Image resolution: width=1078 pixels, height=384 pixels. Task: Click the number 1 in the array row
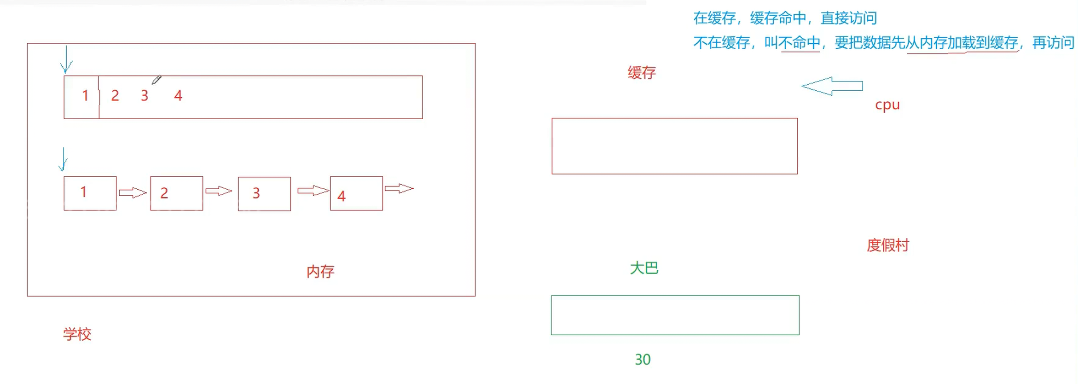(85, 96)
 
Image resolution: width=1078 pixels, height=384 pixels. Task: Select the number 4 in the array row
(178, 96)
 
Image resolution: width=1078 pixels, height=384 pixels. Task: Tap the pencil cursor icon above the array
(156, 80)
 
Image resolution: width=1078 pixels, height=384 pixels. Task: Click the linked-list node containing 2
(176, 193)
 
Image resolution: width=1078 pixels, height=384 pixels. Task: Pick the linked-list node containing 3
(264, 194)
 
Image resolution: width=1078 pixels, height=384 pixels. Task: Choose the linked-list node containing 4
(356, 193)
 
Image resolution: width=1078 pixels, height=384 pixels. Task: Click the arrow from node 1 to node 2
(133, 192)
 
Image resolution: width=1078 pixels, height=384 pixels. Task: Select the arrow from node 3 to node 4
(313, 191)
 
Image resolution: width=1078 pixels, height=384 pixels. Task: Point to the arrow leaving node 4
(399, 189)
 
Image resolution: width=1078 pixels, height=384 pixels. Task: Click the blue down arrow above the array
(67, 60)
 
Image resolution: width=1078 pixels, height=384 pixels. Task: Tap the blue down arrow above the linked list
(64, 159)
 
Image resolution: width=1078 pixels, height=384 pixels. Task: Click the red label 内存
(320, 272)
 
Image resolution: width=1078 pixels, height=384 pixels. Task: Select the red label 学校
(77, 334)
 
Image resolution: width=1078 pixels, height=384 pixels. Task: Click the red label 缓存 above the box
(642, 73)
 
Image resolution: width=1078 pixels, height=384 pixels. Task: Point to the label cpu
(887, 105)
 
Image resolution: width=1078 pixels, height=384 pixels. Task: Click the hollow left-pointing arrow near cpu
(832, 86)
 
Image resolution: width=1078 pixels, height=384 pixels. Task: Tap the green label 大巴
(644, 268)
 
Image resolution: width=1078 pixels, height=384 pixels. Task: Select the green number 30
(643, 360)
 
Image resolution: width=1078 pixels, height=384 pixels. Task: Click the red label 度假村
(887, 245)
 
